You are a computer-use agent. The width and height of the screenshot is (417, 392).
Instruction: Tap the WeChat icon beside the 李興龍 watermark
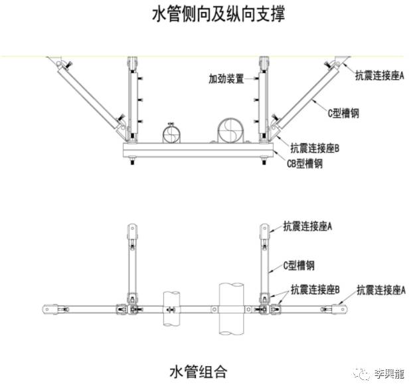[364, 373]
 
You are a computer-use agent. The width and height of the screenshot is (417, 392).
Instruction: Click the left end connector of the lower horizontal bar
[48, 308]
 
